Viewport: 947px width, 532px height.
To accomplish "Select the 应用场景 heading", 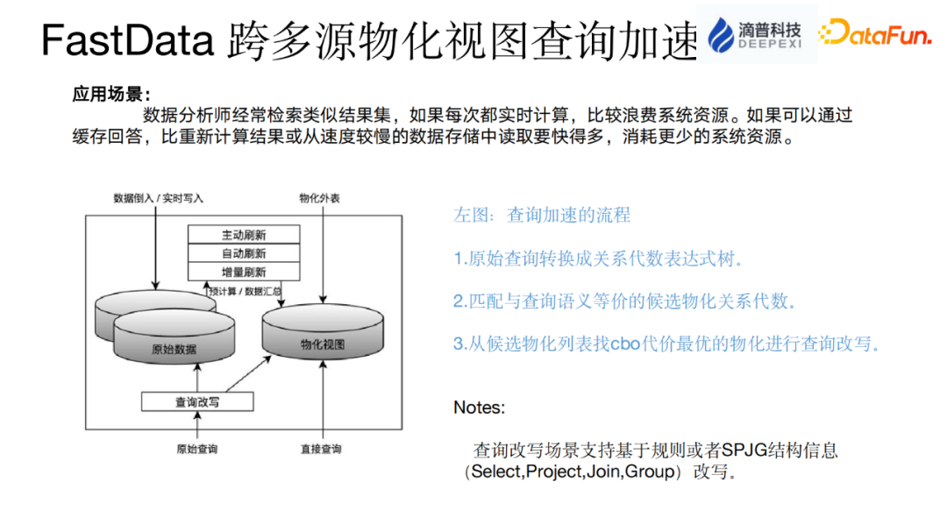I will [111, 95].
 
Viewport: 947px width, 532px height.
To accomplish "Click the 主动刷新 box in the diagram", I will [244, 235].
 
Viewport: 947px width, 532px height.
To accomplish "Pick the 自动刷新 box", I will [244, 253].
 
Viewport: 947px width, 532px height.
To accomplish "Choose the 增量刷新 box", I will [244, 272].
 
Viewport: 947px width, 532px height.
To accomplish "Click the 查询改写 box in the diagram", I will [197, 401].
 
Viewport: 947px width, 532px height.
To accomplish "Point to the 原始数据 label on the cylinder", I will [174, 350].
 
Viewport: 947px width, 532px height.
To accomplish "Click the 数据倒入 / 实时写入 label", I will [158, 198].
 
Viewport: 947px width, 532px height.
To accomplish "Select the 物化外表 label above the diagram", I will [319, 198].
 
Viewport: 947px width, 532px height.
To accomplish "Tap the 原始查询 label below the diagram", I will [196, 450].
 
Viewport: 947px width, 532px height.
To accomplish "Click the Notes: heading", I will [479, 408].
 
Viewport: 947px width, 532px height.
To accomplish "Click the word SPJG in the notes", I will [742, 450].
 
